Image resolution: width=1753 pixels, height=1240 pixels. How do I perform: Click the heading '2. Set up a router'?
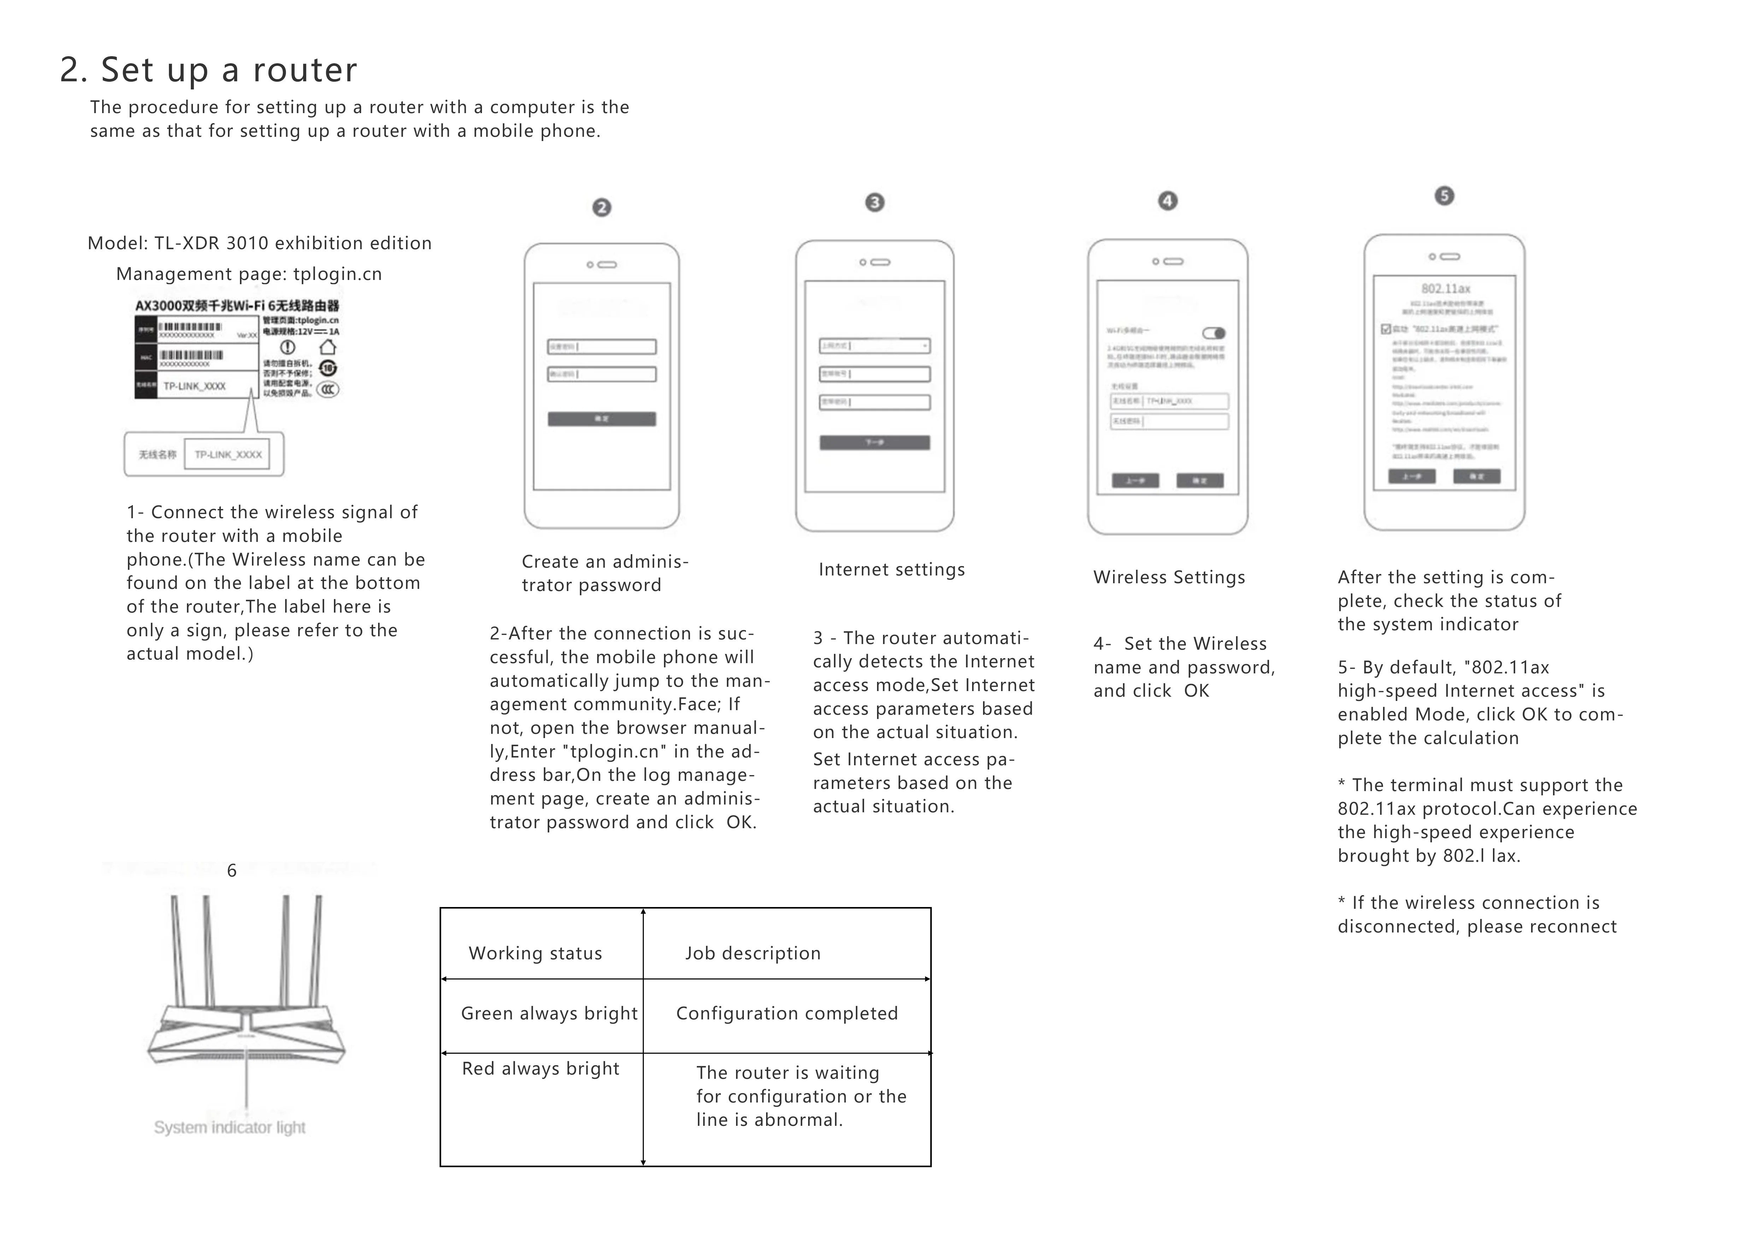click(x=208, y=70)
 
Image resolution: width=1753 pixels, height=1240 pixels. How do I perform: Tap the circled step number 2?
click(x=602, y=208)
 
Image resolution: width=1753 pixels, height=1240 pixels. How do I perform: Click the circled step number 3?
click(x=875, y=202)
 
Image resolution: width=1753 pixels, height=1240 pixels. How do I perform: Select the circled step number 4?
click(x=1167, y=201)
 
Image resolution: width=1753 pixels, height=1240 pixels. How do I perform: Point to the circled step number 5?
click(x=1444, y=195)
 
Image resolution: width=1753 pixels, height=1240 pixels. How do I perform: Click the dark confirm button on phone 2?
click(x=602, y=419)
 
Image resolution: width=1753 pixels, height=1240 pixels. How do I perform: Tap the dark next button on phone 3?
click(x=875, y=443)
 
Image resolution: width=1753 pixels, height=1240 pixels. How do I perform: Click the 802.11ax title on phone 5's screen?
click(x=1445, y=289)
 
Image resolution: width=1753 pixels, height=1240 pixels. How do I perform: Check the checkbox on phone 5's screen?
click(x=1386, y=329)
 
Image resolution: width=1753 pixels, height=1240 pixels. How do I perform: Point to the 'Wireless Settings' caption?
click(x=1169, y=577)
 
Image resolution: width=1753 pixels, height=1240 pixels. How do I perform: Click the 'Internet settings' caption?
click(x=891, y=569)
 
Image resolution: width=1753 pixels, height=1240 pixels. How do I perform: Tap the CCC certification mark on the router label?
click(x=328, y=390)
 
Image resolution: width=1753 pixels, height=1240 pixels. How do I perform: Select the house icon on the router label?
click(x=328, y=347)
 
